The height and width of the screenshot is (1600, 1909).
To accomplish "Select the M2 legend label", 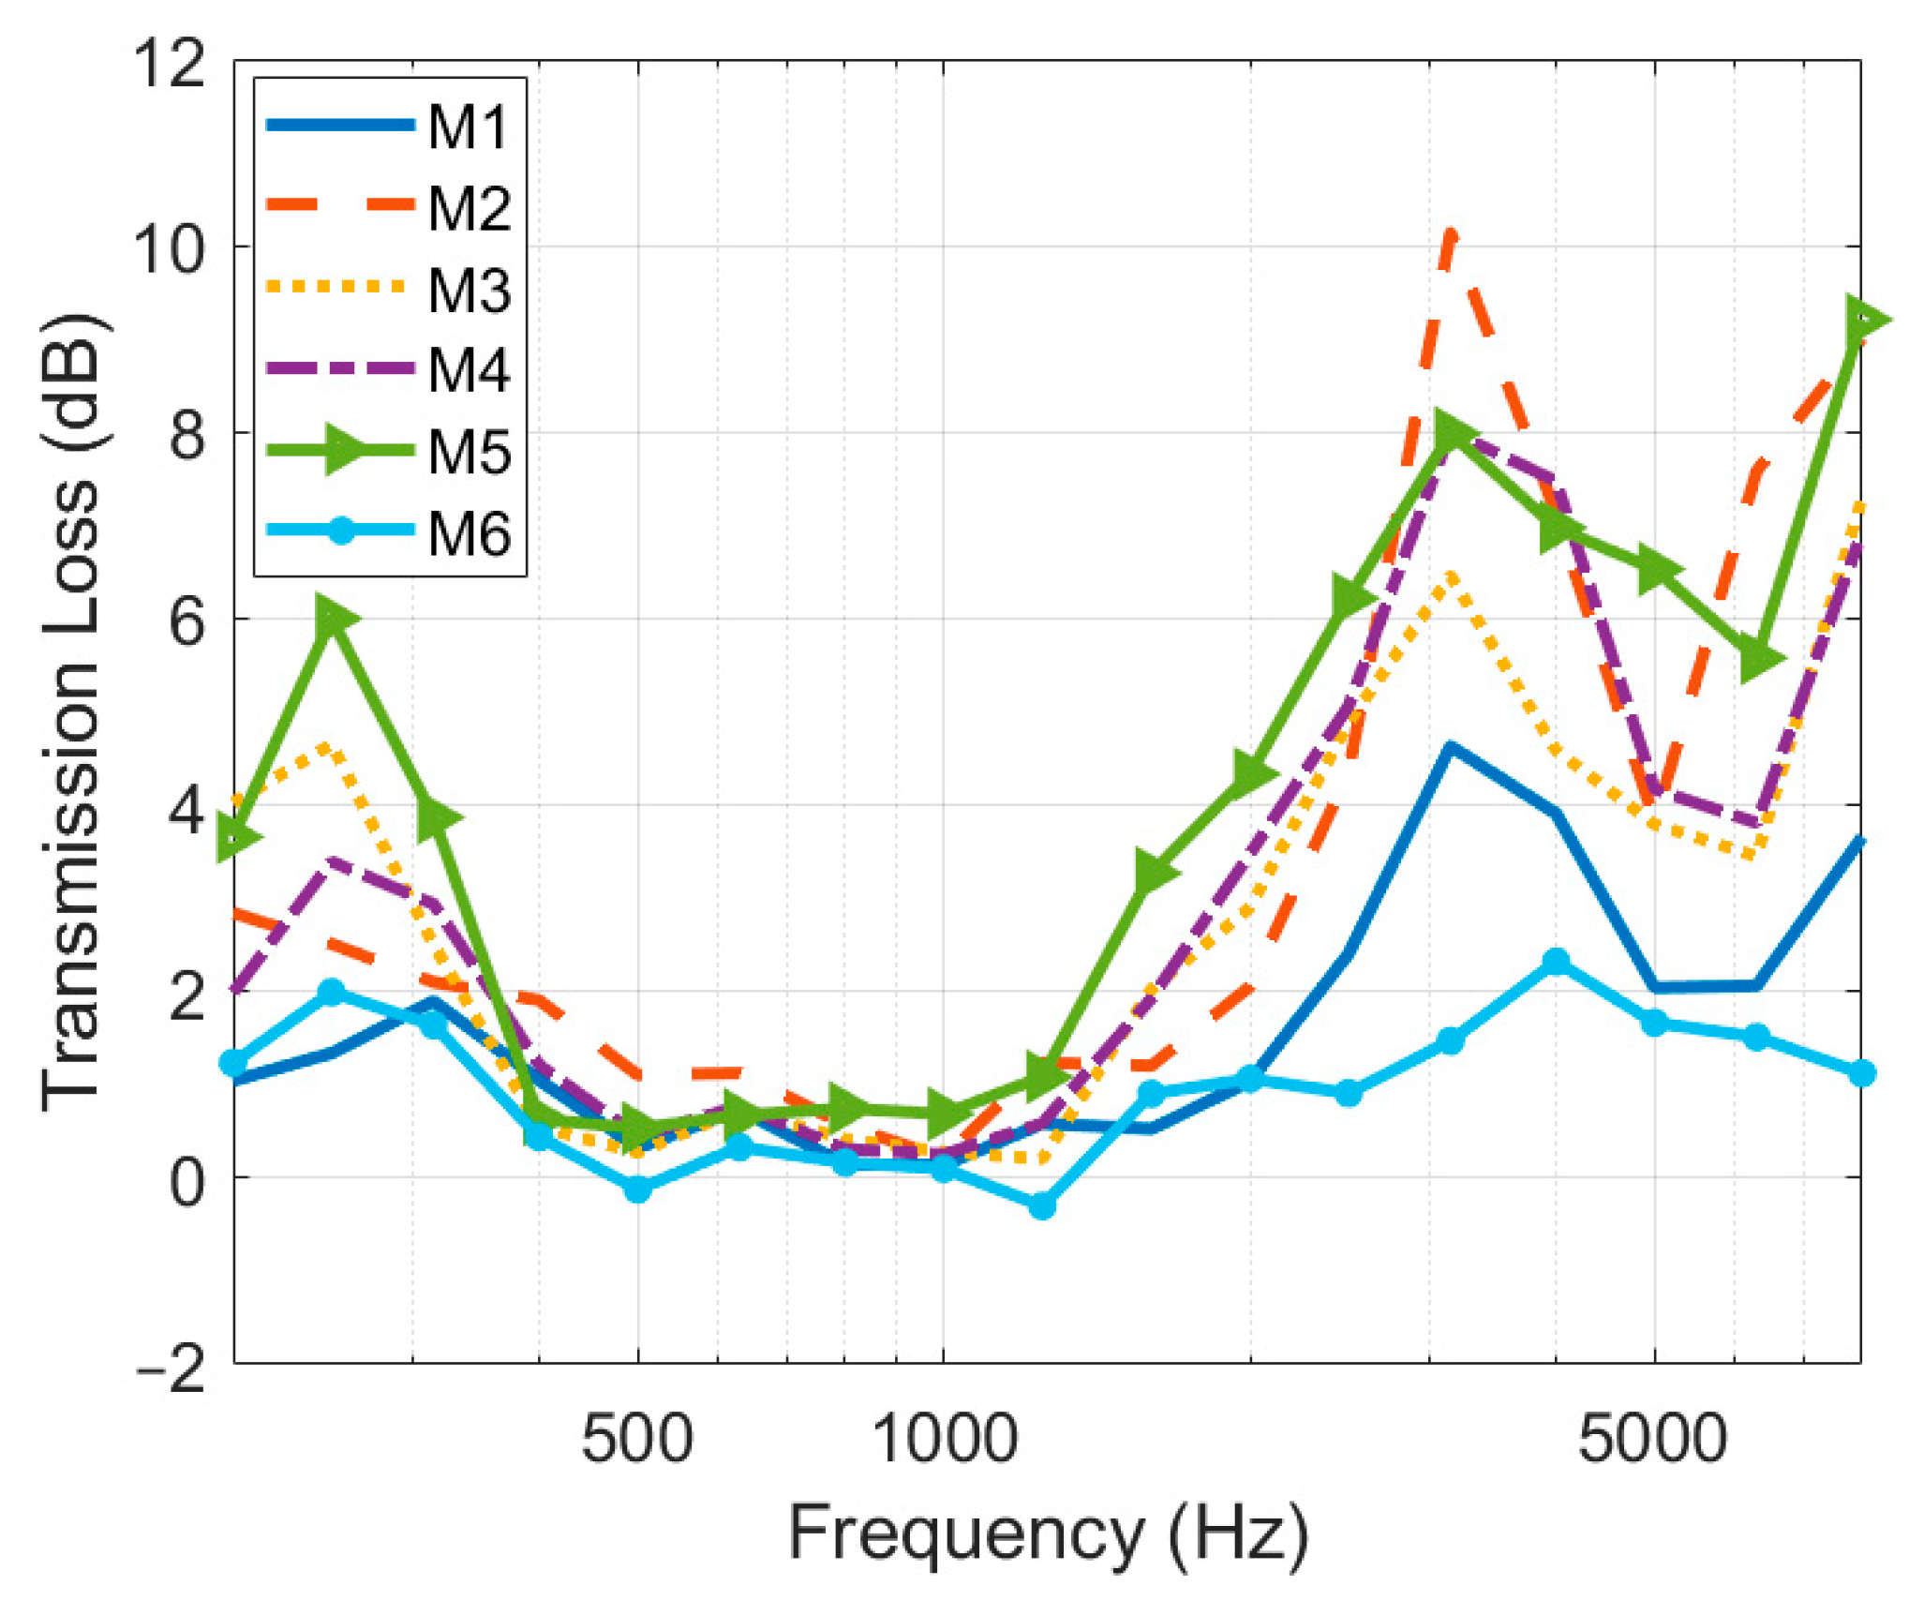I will coord(470,208).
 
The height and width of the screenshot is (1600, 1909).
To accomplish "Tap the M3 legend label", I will coord(470,290).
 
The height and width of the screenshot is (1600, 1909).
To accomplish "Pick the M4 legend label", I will coord(470,370).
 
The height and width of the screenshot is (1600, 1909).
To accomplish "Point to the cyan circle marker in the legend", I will coord(342,531).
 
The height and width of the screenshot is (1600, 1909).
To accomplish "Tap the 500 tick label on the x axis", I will coord(637,1439).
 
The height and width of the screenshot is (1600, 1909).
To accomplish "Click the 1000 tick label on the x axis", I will coord(944,1439).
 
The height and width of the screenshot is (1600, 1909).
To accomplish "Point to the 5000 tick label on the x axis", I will coord(1653,1439).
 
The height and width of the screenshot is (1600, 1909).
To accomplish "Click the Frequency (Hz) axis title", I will coord(1048,1534).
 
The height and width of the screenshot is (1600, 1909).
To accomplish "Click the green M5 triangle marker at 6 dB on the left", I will coord(332,618).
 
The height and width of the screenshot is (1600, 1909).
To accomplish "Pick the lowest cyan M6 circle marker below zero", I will coord(1042,1206).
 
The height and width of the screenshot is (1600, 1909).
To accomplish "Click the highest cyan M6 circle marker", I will coord(1557,961).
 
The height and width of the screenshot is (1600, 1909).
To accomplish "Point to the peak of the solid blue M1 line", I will coord(1450,747).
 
